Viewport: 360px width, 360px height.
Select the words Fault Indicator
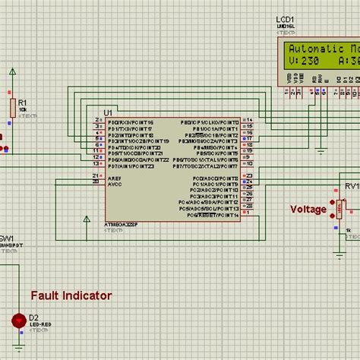coord(71,295)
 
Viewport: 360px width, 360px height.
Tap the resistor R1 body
coord(12,106)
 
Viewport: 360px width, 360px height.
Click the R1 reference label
coord(23,101)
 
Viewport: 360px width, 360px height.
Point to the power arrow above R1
coord(12,71)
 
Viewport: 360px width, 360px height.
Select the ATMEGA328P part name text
coord(122,226)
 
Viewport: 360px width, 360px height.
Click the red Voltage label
coord(308,210)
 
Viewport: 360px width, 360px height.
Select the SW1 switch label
coord(6,238)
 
